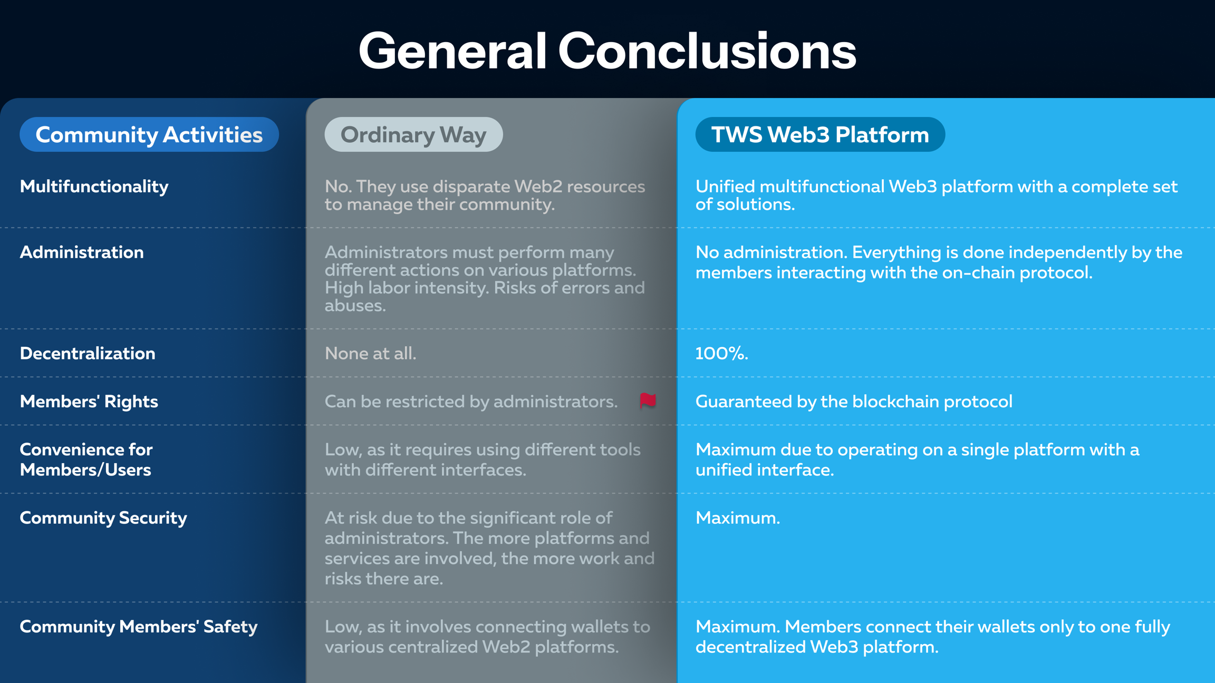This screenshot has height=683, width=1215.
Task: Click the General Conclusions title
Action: [607, 51]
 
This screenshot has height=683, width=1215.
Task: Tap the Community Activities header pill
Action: [149, 134]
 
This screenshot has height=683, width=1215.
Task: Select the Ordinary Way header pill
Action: [413, 134]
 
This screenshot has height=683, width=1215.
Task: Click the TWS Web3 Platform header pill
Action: [820, 134]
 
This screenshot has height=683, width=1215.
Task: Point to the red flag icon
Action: [648, 401]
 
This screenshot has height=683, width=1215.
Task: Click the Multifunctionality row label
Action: [94, 187]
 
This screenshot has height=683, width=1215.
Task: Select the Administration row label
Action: [82, 252]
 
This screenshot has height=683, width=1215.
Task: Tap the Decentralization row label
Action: [88, 354]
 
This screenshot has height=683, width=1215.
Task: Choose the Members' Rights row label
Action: [89, 402]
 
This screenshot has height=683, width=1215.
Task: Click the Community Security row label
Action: [103, 518]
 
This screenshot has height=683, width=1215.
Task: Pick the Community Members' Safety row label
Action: [139, 627]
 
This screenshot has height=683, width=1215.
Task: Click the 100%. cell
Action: [721, 354]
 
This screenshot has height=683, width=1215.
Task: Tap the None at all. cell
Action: [370, 354]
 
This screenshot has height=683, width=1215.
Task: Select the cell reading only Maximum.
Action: [737, 518]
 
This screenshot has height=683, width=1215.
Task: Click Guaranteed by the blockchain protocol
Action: [854, 402]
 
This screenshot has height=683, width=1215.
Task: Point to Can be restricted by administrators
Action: [471, 402]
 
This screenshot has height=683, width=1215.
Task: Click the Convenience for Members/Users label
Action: [86, 460]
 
